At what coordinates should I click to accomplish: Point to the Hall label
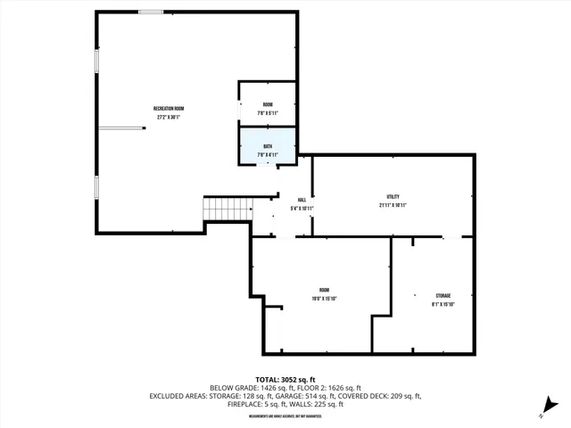(302, 199)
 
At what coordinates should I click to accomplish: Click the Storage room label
(443, 295)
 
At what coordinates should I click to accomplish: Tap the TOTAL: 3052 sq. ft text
(285, 379)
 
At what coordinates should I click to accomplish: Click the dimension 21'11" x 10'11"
(393, 205)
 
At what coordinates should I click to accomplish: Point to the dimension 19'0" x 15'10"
(324, 299)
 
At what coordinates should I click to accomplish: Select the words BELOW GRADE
(234, 387)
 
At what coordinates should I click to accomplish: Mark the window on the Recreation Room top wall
(151, 12)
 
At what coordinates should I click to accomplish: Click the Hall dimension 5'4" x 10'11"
(302, 208)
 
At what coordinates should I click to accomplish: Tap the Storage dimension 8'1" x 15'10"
(443, 305)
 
